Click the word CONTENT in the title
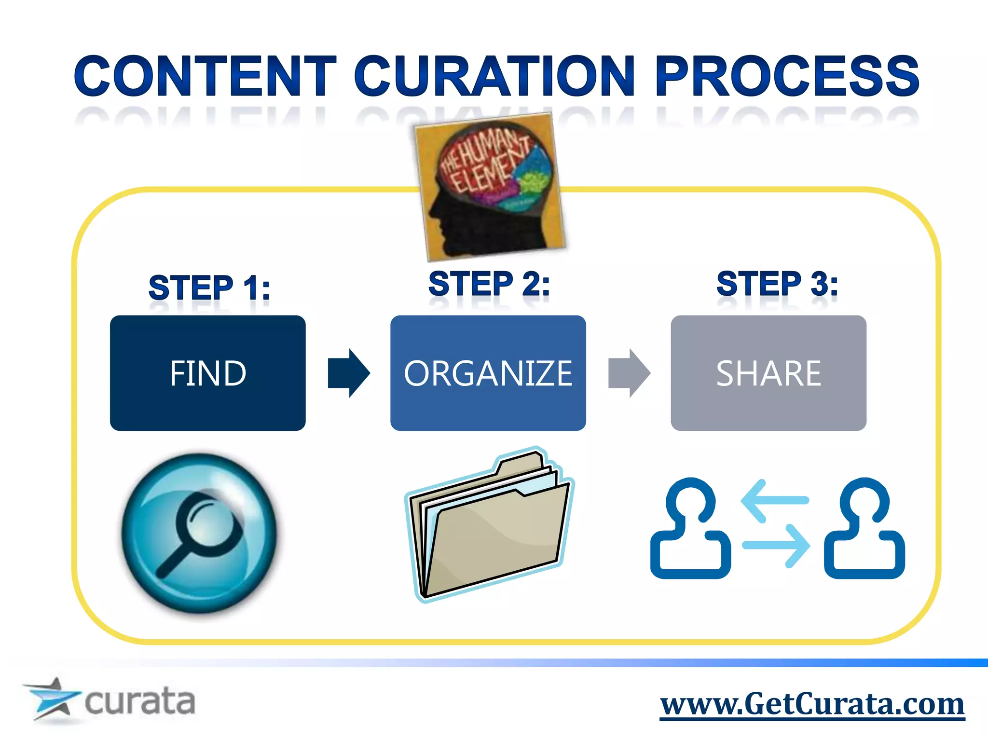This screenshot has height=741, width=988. point(205,76)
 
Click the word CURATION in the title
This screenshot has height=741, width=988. point(494,76)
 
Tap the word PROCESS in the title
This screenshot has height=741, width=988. point(787,76)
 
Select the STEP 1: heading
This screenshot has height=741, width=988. point(209,288)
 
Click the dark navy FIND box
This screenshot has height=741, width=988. point(207,373)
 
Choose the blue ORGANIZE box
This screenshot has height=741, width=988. point(488,373)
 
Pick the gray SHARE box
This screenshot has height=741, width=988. point(768,373)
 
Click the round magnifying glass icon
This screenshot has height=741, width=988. point(199,533)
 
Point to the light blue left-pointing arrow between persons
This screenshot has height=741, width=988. point(774,500)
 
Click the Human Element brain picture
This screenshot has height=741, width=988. point(490,186)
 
